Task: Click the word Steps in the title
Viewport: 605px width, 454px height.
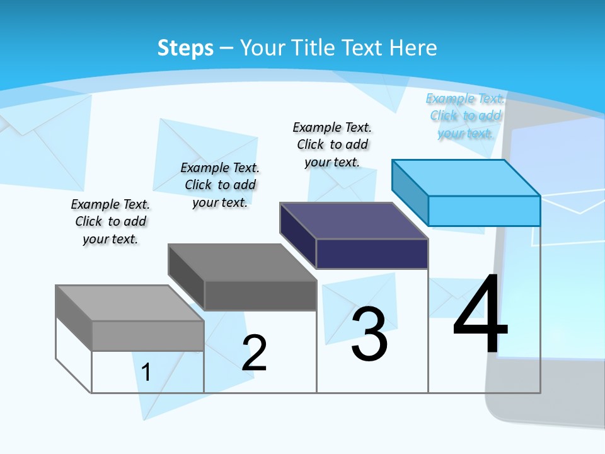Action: tap(185, 48)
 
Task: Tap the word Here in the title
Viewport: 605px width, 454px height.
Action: tap(413, 48)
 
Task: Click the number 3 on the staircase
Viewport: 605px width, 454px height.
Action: tap(369, 334)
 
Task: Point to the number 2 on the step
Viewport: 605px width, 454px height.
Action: tap(255, 352)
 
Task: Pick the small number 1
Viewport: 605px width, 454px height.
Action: tap(146, 372)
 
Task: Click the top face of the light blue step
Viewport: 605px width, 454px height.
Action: tap(466, 177)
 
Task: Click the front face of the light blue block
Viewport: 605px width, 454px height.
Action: tap(484, 211)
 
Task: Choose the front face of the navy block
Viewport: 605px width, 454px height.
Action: tap(372, 253)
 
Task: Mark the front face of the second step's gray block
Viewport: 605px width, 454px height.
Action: tap(260, 295)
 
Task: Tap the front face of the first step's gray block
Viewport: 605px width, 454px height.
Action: tap(147, 335)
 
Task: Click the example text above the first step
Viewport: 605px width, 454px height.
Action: tap(110, 221)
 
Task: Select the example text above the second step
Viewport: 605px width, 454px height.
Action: tap(220, 185)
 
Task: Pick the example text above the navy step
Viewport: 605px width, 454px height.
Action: tap(332, 144)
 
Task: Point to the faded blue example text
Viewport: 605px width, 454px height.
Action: tap(465, 115)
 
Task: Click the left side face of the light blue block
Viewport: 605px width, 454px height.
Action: tap(410, 192)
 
